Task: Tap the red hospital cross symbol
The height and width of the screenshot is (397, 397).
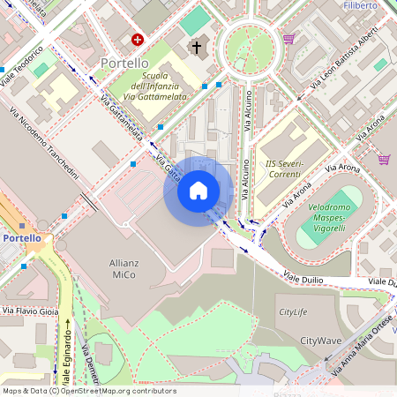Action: [138, 40]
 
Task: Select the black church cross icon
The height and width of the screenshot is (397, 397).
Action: [195, 47]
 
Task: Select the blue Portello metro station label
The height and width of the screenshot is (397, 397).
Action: [21, 238]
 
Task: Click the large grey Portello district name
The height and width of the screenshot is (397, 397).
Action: [124, 64]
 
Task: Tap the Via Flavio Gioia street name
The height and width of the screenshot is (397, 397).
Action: [30, 311]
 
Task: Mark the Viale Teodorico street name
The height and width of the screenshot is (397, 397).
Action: [21, 65]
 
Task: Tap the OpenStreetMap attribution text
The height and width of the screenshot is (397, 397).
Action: [88, 391]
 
